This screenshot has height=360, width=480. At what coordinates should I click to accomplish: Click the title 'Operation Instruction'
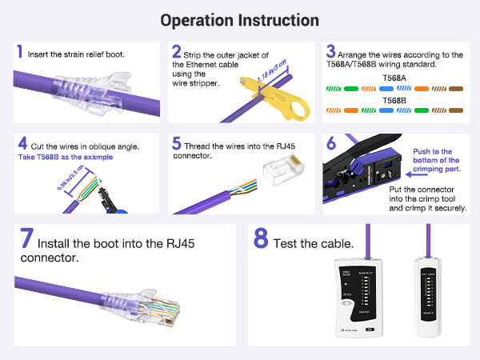click(239, 20)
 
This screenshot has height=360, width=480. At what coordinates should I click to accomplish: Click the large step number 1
click(19, 53)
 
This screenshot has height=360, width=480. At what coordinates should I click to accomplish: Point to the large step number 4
click(22, 144)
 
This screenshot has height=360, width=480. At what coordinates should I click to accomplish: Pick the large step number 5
click(177, 145)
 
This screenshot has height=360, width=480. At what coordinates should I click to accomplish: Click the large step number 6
click(330, 144)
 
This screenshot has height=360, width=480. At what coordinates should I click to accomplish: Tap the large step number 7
click(26, 239)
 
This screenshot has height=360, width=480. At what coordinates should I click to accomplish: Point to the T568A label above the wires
click(394, 78)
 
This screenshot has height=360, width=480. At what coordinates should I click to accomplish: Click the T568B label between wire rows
click(394, 101)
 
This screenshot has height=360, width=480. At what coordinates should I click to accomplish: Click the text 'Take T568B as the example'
click(65, 158)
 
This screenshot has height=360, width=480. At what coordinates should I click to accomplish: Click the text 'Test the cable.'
click(314, 243)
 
